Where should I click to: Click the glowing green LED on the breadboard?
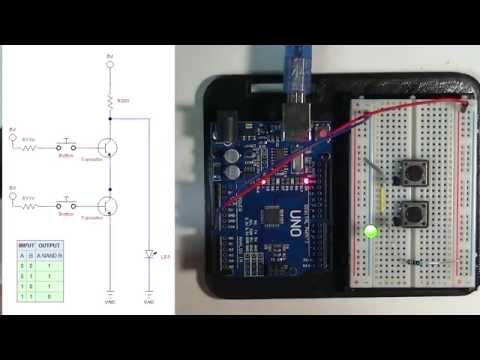(x=372, y=232)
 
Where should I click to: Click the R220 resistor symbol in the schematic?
(x=109, y=100)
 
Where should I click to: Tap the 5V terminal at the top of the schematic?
(x=109, y=62)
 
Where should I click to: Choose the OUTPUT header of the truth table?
(x=50, y=245)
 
